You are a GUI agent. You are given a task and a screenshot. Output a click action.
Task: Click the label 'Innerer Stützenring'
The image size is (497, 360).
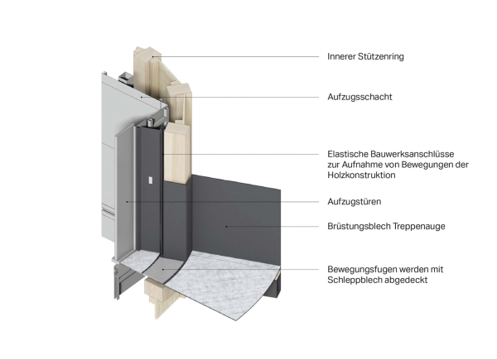tap(365, 57)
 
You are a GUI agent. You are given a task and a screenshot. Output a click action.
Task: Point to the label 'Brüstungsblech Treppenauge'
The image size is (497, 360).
tap(383, 226)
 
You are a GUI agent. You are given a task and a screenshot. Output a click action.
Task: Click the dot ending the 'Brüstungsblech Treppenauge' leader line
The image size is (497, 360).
tap(226, 226)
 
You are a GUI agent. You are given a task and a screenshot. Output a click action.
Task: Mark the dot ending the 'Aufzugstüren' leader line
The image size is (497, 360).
tap(127, 201)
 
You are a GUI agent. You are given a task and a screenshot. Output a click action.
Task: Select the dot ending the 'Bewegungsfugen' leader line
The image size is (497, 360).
tap(163, 269)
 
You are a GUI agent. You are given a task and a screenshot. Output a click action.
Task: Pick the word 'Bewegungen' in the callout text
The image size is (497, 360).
tap(427, 164)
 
